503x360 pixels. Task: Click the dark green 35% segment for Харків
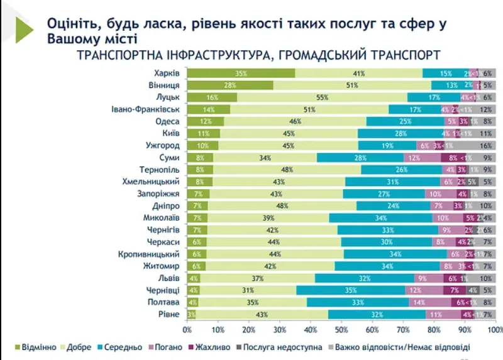(241, 74)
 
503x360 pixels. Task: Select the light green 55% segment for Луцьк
(323, 97)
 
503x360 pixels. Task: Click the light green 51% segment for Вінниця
(352, 85)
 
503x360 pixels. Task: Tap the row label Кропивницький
(150, 254)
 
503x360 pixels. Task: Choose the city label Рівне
(169, 314)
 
